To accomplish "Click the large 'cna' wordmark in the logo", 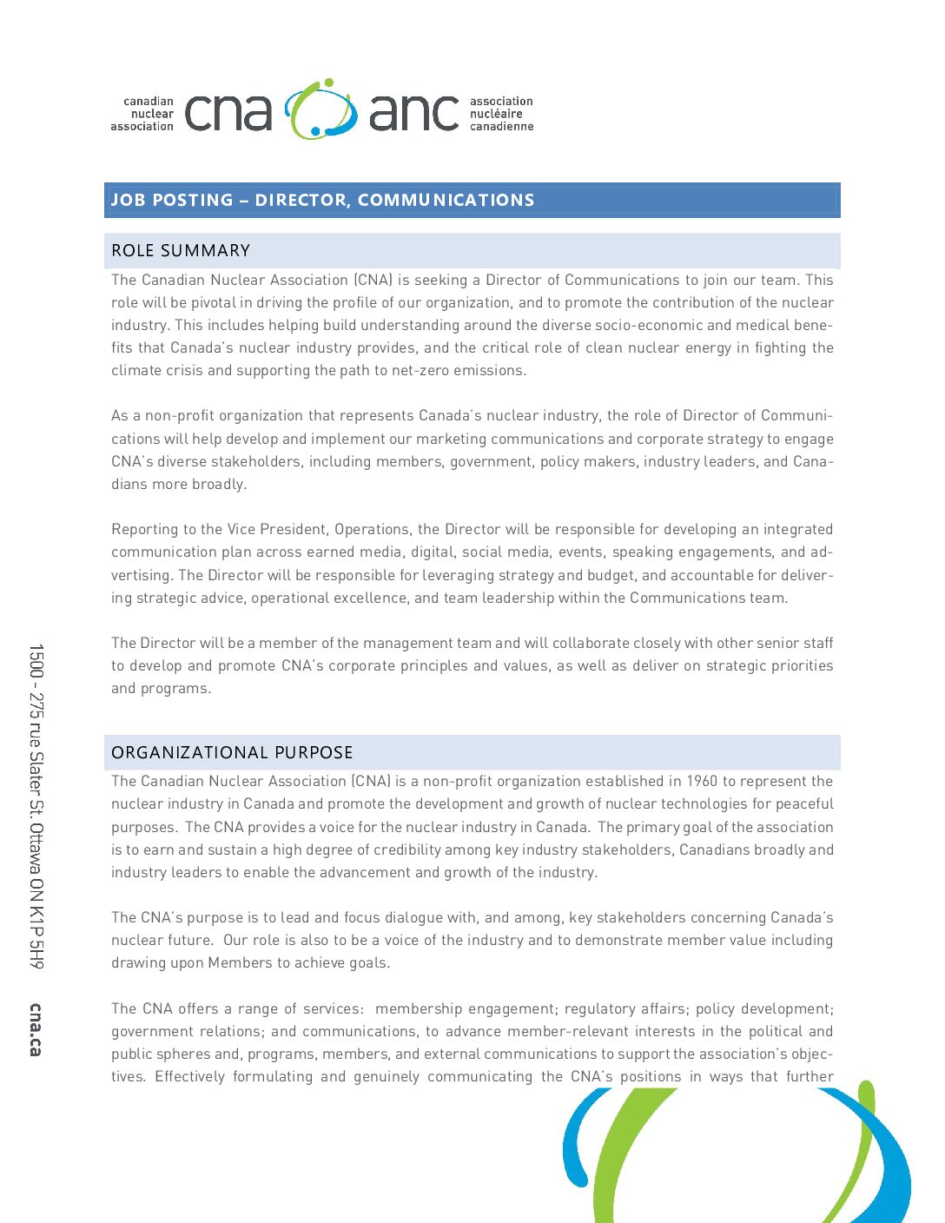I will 228,113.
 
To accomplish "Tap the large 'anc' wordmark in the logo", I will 413,113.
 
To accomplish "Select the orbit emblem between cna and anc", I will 321,109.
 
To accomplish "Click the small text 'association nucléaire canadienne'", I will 501,114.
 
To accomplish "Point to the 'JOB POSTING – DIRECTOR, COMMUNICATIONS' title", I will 322,200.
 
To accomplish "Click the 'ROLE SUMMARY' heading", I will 181,251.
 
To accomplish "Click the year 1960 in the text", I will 702,781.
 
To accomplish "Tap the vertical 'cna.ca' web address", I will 36,1029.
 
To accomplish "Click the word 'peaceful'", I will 804,803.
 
